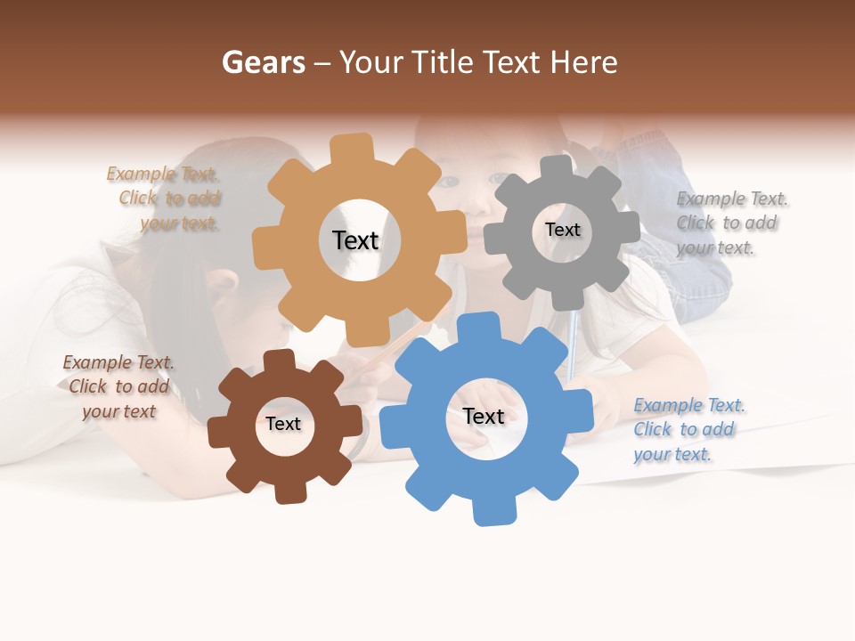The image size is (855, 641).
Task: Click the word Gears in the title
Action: (x=263, y=62)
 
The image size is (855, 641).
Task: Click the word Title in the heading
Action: (x=445, y=62)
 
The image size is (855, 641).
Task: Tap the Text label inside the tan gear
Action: (x=355, y=240)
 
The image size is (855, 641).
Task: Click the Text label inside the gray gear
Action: (x=562, y=230)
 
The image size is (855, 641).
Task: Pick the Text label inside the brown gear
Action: (x=283, y=424)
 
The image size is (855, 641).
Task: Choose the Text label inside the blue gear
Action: (x=484, y=416)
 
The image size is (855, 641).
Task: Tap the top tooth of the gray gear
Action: (x=557, y=167)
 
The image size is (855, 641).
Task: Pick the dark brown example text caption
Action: (x=118, y=386)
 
